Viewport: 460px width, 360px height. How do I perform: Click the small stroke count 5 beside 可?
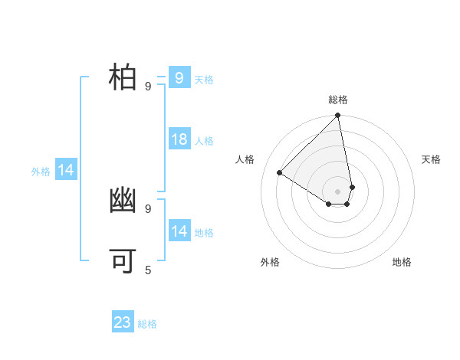tap(148, 270)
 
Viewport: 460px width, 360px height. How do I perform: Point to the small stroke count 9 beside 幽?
tap(148, 208)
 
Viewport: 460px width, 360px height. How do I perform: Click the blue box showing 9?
tap(179, 77)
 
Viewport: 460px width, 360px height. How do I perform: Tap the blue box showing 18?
tap(179, 139)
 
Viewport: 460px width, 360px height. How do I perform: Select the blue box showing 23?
tap(123, 322)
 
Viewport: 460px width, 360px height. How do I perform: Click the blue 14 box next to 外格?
tap(66, 170)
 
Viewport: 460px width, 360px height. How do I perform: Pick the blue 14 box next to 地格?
tap(179, 231)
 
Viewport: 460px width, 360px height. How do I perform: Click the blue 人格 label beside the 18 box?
tap(204, 141)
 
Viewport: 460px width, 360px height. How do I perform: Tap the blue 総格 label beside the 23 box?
tap(147, 324)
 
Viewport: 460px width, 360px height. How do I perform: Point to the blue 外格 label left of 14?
tap(41, 172)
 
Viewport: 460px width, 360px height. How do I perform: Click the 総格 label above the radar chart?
tap(338, 100)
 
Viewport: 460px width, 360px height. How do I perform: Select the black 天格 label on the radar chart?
tap(431, 159)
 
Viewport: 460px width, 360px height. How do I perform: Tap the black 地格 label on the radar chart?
tap(402, 262)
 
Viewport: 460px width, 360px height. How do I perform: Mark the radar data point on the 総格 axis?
tap(338, 116)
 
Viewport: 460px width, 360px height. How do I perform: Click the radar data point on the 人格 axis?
tap(279, 173)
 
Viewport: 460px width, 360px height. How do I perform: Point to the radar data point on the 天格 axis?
tap(352, 187)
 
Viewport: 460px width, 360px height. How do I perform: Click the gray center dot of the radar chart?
tap(338, 191)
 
